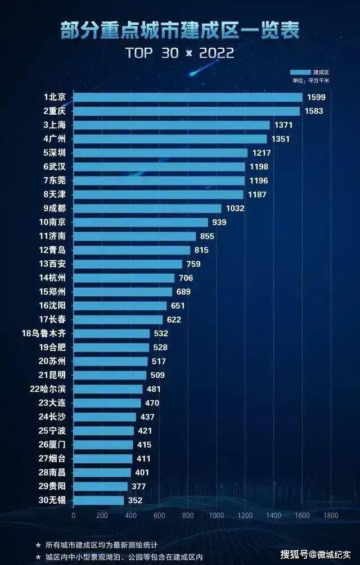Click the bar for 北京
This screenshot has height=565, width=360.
(x=188, y=97)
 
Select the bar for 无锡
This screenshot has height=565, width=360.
(x=98, y=500)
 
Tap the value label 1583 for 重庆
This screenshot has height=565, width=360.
(x=314, y=111)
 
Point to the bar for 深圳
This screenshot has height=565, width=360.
(x=160, y=153)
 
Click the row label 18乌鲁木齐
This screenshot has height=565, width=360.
(x=47, y=333)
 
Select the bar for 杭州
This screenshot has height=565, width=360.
(x=124, y=278)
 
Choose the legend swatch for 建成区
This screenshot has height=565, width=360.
(x=300, y=73)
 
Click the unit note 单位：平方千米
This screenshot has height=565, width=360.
(x=310, y=81)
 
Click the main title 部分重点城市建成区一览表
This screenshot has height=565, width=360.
(x=180, y=30)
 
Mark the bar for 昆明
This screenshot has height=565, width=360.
(x=110, y=375)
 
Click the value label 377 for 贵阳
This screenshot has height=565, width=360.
(x=138, y=486)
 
